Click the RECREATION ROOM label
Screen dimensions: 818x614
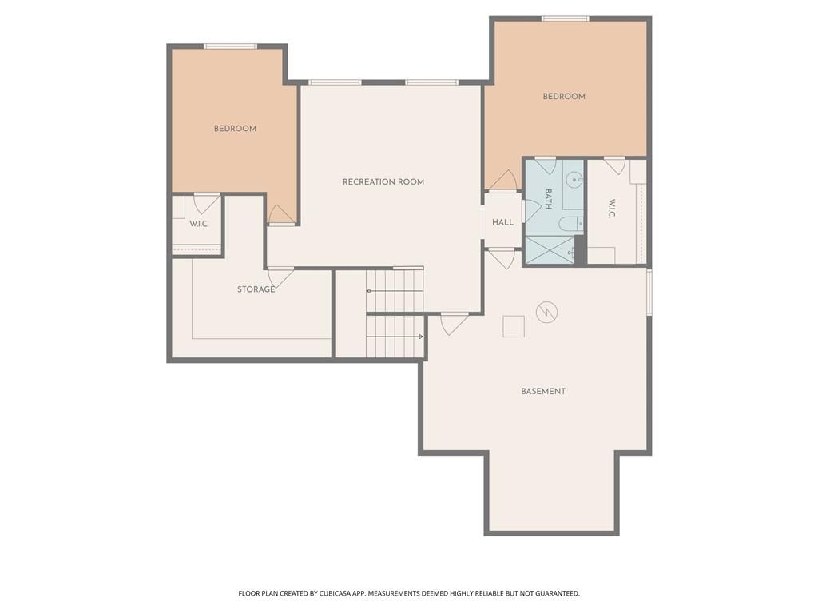point(383,181)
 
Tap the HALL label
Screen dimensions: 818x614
point(503,222)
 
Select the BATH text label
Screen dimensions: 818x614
point(548,199)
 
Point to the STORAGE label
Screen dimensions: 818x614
point(256,289)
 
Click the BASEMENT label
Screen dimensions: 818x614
point(543,391)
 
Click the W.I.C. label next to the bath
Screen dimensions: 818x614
point(612,209)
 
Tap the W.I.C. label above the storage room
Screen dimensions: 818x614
point(199,224)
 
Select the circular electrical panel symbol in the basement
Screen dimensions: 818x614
point(546,313)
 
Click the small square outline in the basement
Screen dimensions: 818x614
point(514,326)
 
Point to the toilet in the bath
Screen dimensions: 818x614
point(570,225)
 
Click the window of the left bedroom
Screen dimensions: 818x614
point(231,46)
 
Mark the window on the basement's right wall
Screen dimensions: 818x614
point(649,292)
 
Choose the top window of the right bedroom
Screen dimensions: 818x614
point(566,19)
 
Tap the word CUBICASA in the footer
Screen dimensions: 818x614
point(339,594)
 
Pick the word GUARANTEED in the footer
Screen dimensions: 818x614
point(558,594)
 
